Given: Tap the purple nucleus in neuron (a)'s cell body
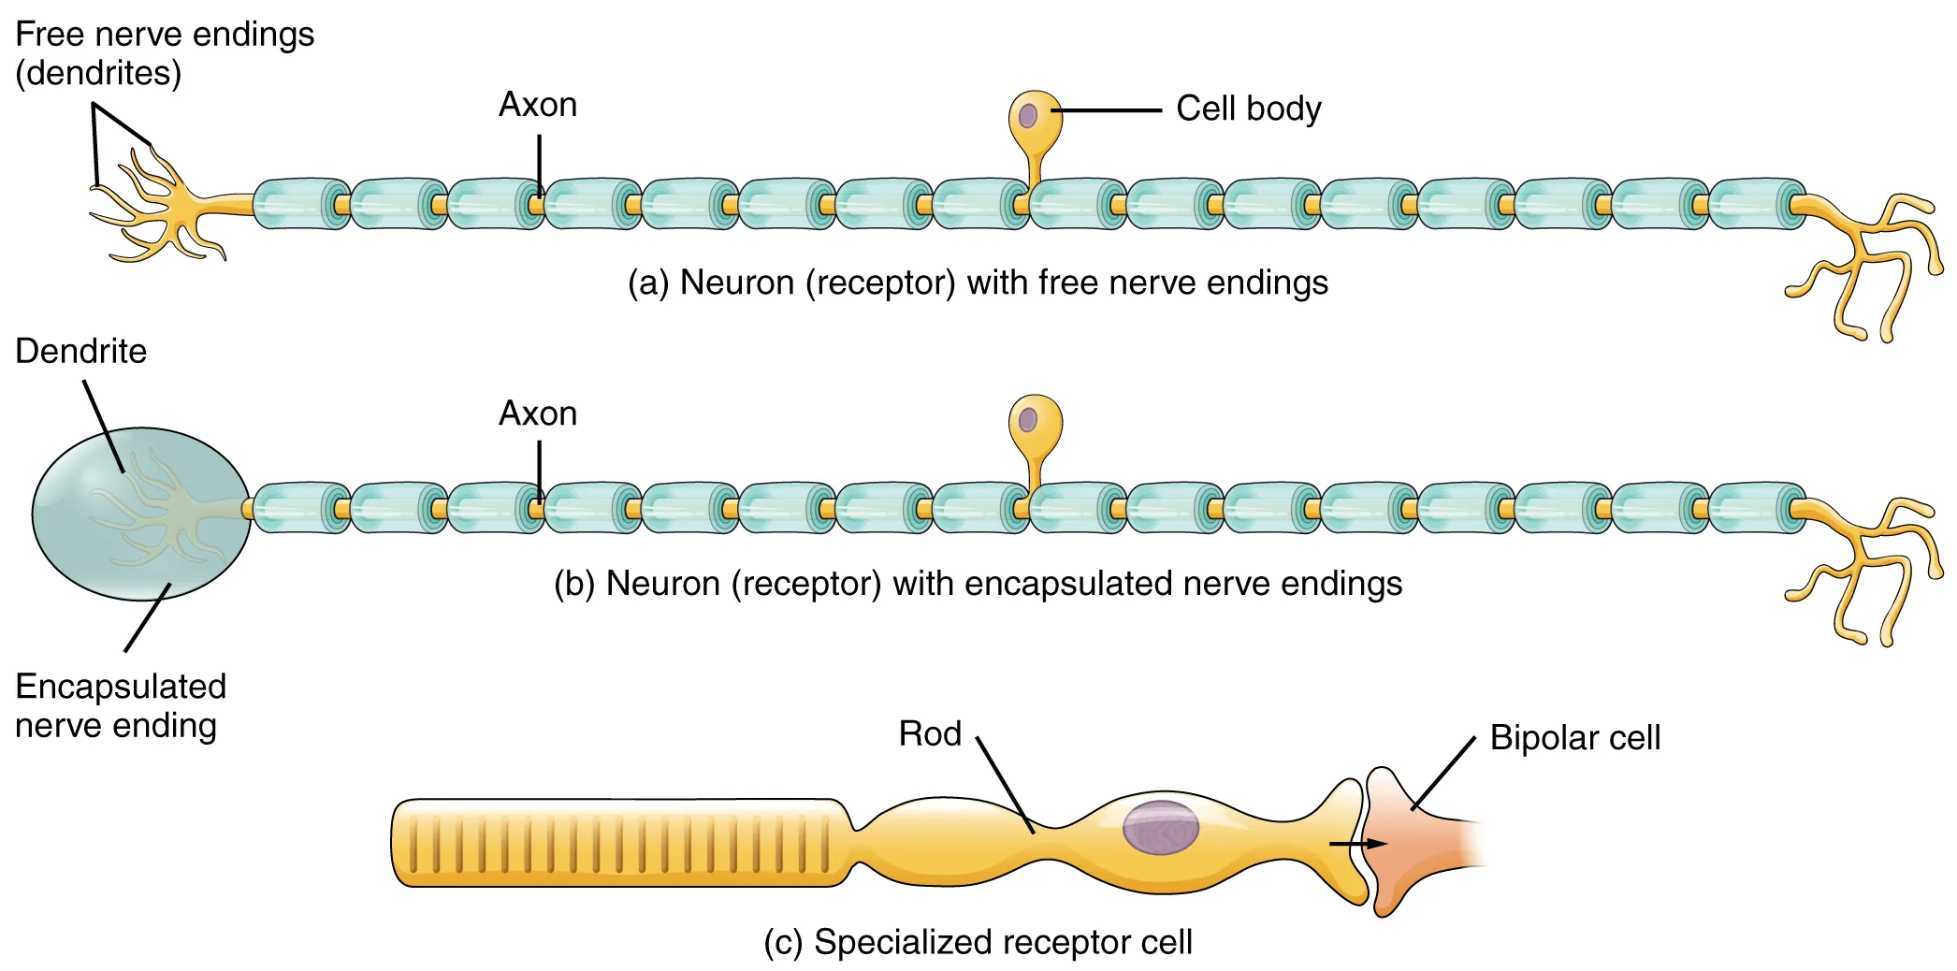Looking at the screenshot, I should coord(1028,116).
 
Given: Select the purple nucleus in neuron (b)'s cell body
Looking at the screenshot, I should coord(1028,419).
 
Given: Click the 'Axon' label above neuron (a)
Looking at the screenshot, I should coord(538,105).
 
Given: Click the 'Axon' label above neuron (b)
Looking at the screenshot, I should coord(538,413).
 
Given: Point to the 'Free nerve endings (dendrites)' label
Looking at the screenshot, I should coord(164,53).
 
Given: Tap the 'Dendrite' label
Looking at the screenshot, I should coord(81,352).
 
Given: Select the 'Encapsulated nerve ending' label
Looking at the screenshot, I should coord(120,706).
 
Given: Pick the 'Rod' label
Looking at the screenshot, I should coord(930,734).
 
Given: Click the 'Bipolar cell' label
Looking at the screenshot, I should coord(1574,738).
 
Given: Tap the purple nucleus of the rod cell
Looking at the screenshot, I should coord(1160,828).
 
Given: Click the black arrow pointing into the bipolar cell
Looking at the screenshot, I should coord(1357,844).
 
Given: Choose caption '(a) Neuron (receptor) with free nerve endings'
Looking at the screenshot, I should coord(978,283).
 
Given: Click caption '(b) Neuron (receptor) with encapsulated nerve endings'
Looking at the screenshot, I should coord(978,584).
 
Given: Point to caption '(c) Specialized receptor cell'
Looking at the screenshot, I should coord(978,942).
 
